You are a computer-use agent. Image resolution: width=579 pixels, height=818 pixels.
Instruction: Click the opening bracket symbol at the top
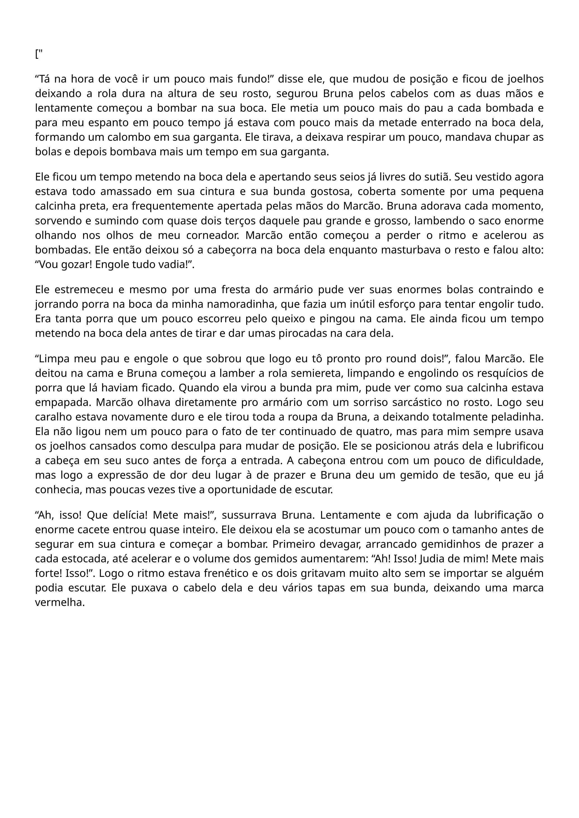pos(37,55)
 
